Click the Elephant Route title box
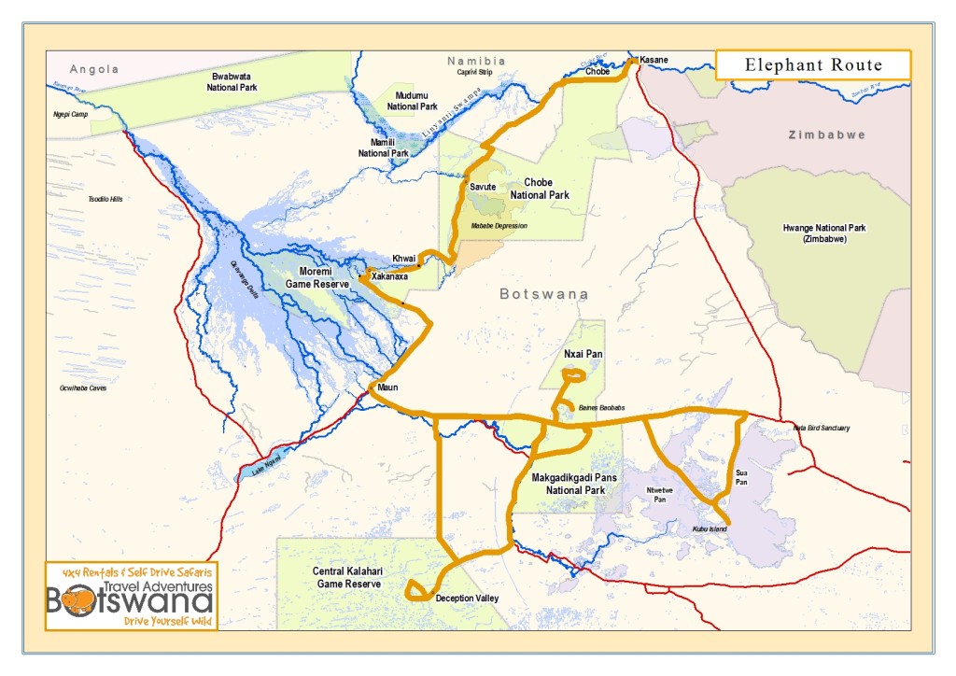[812, 64]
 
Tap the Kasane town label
[654, 60]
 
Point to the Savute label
[483, 187]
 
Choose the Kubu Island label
[709, 529]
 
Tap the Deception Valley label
[468, 599]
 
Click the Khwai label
[403, 258]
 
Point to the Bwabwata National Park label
[232, 80]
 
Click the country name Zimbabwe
[826, 134]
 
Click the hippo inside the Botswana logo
[77, 600]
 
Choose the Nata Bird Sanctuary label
[821, 428]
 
